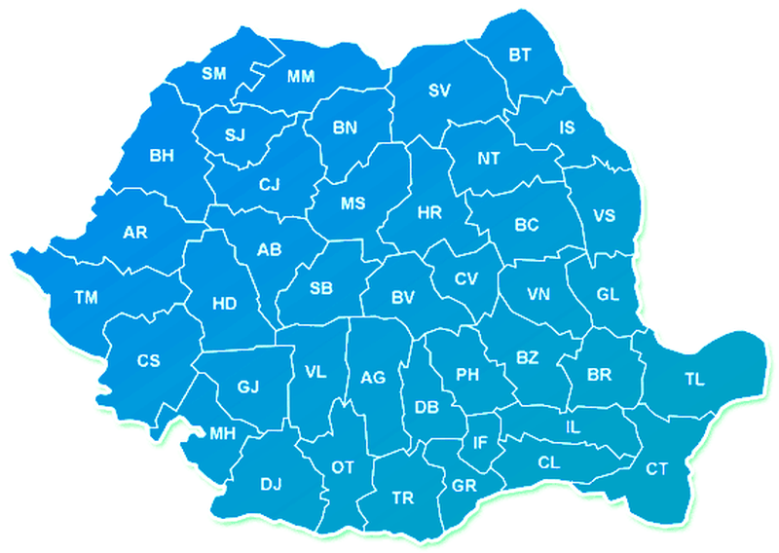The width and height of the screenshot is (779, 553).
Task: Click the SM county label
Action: pyautogui.click(x=214, y=74)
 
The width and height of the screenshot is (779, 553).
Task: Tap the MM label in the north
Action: pyautogui.click(x=300, y=76)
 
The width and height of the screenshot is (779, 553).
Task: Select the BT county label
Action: pyautogui.click(x=520, y=55)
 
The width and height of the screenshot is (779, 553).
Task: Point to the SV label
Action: pyautogui.click(x=440, y=92)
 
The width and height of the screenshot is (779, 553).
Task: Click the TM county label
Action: pyautogui.click(x=86, y=298)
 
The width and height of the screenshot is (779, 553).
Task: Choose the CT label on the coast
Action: pyautogui.click(x=657, y=469)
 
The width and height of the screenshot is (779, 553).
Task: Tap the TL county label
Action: pyautogui.click(x=694, y=380)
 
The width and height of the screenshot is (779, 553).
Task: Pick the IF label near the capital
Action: pyautogui.click(x=480, y=443)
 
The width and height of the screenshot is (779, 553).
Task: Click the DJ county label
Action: pyautogui.click(x=271, y=483)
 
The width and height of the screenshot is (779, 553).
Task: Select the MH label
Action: pyautogui.click(x=223, y=434)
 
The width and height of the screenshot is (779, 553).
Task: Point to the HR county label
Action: pyautogui.click(x=429, y=213)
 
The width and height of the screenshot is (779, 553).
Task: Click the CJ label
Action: pyautogui.click(x=270, y=183)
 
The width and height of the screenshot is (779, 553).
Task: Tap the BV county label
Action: pyautogui.click(x=403, y=297)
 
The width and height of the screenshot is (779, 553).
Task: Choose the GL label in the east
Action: pyautogui.click(x=608, y=294)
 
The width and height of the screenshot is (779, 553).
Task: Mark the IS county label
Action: pyautogui.click(x=568, y=128)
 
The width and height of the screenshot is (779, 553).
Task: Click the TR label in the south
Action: pyautogui.click(x=402, y=498)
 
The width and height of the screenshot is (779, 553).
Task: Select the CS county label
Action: pyautogui.click(x=148, y=361)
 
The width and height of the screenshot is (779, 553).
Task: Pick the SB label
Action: pyautogui.click(x=321, y=288)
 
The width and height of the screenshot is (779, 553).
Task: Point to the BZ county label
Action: pyautogui.click(x=527, y=358)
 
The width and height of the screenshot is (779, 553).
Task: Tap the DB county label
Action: pyautogui.click(x=427, y=407)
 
